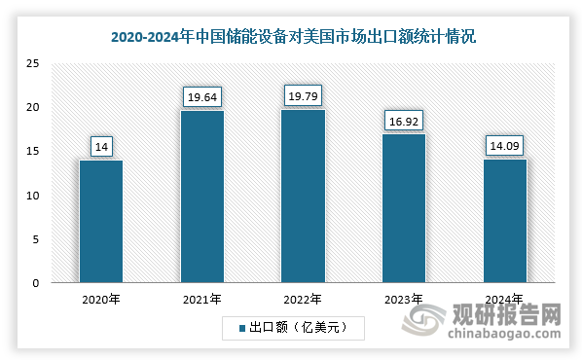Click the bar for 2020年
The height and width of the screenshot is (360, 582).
pyautogui.click(x=100, y=222)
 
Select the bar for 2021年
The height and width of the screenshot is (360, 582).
pyautogui.click(x=201, y=197)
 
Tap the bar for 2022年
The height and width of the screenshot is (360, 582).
pyautogui.click(x=303, y=196)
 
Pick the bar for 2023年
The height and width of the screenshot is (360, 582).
pyautogui.click(x=404, y=208)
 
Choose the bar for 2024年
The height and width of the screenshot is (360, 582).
pyautogui.click(x=505, y=221)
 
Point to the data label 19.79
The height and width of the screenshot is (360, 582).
pyautogui.click(x=303, y=95)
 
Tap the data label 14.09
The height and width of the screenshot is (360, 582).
pyautogui.click(x=505, y=146)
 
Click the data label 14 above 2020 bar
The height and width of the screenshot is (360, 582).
pyautogui.click(x=100, y=147)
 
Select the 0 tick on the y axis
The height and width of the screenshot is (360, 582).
pyautogui.click(x=36, y=283)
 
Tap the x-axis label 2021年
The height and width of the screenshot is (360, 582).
pyautogui.click(x=201, y=300)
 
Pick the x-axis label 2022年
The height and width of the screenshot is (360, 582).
pyautogui.click(x=303, y=300)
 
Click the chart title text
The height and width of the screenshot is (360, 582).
pyautogui.click(x=292, y=38)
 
